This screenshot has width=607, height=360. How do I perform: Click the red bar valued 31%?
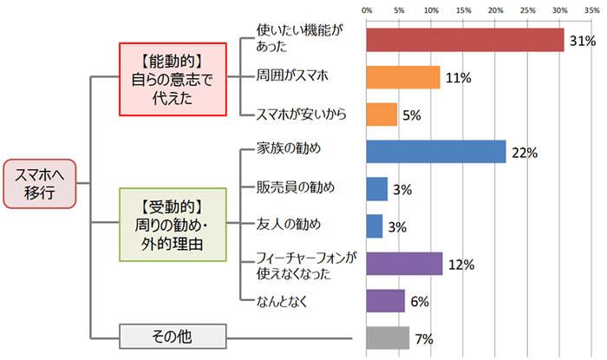465,40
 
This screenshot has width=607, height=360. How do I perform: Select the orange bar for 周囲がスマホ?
403,77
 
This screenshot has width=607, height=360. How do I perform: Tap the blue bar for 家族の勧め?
436,151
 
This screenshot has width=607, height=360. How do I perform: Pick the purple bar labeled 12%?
404,264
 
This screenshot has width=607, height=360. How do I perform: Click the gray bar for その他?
388,337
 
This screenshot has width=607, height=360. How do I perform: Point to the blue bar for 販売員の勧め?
377,188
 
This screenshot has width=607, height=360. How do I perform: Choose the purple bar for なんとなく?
385,301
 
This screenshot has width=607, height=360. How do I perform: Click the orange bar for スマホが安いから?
382,115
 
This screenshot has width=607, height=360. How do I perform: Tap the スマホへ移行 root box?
41,183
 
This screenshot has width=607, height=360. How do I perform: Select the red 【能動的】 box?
165,77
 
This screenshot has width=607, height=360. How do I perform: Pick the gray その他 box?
172,335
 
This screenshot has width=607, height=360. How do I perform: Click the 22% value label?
525,153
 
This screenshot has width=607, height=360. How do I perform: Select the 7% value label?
424,338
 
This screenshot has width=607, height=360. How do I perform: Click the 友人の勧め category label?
290,226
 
